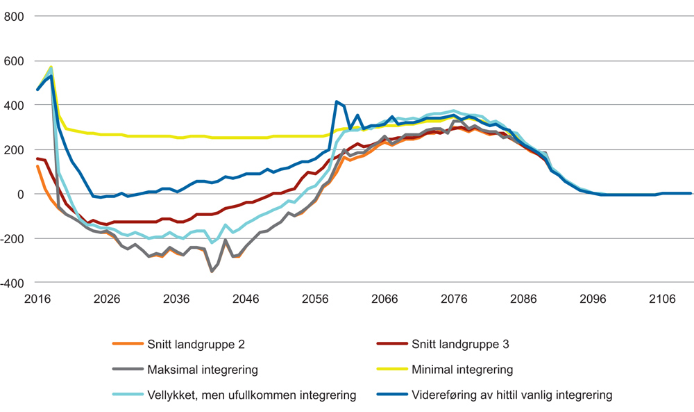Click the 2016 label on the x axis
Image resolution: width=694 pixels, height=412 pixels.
point(37,299)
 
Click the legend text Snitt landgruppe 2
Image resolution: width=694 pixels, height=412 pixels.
point(196,344)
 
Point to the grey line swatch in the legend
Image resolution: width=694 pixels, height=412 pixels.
point(128,370)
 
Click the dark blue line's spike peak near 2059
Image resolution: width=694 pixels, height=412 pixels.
point(337,102)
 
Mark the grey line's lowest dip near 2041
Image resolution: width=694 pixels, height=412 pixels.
point(212,271)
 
